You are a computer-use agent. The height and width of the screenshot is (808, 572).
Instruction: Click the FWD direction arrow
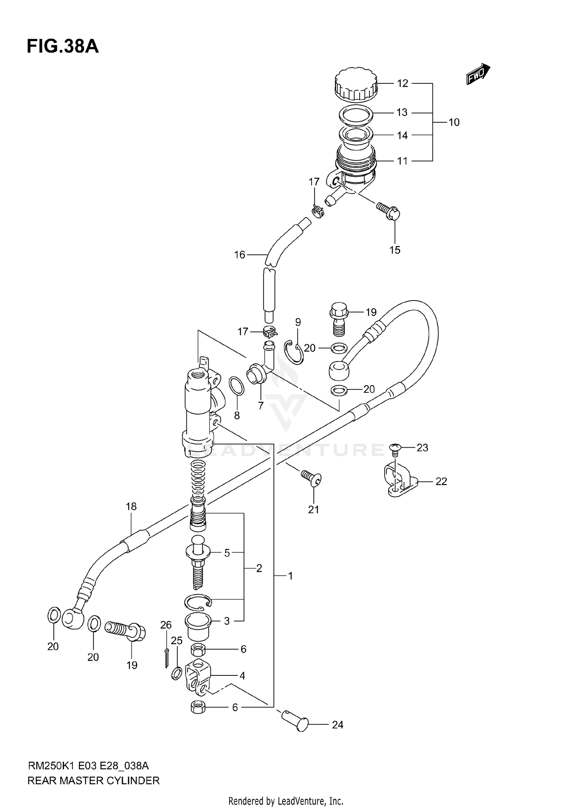478,74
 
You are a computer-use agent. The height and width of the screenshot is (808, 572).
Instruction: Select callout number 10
454,122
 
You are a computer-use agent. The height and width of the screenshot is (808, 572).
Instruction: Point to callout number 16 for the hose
239,254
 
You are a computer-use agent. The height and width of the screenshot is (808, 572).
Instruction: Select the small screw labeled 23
395,448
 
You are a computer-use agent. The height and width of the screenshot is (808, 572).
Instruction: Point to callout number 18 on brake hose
131,506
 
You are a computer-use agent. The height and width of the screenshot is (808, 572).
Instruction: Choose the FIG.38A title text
63,46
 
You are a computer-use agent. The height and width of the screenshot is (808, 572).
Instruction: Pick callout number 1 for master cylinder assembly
290,576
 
